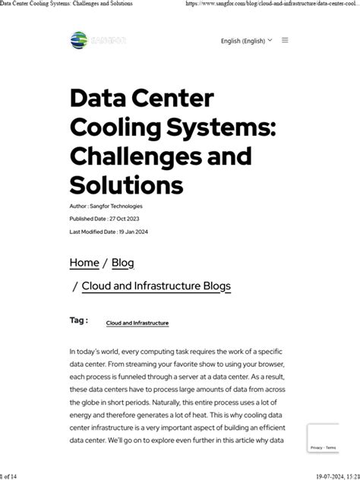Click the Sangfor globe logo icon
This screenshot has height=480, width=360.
click(x=78, y=39)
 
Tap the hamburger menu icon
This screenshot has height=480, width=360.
click(x=285, y=40)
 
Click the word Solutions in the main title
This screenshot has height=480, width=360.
click(x=126, y=185)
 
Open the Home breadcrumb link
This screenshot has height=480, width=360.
click(x=84, y=263)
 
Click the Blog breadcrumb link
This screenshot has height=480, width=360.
click(x=123, y=263)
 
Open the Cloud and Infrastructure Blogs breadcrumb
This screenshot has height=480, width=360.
click(x=156, y=286)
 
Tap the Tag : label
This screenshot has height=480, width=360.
click(x=78, y=321)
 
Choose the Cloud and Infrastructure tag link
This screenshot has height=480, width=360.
click(x=137, y=324)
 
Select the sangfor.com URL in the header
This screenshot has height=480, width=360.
click(x=273, y=5)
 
